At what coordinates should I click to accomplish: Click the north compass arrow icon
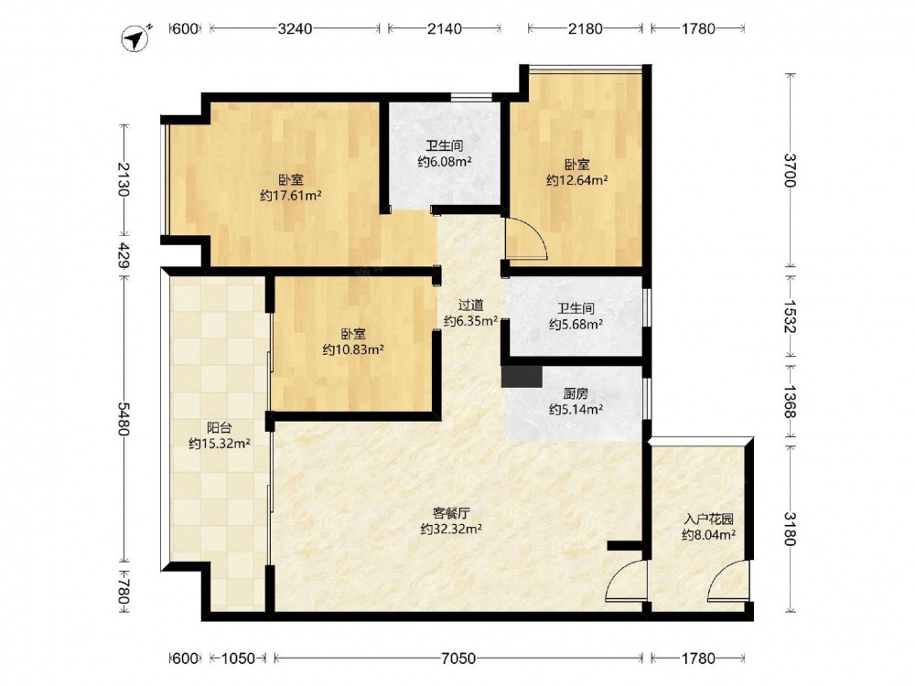[136, 38]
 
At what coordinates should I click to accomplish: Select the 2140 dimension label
[445, 28]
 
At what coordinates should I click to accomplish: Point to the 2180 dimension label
[586, 28]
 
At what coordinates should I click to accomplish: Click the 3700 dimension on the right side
[791, 170]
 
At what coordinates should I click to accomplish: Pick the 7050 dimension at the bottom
[458, 659]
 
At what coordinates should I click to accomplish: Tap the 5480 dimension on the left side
[124, 418]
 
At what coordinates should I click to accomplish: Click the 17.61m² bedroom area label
[291, 196]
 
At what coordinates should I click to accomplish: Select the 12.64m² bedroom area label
[576, 180]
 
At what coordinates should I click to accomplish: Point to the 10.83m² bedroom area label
[353, 349]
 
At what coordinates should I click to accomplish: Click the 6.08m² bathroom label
[445, 162]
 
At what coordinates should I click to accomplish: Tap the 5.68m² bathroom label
[576, 325]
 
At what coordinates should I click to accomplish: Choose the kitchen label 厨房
[576, 393]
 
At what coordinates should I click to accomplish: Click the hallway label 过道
[470, 305]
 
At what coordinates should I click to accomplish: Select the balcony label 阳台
[220, 427]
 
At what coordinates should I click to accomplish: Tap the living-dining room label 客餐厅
[451, 513]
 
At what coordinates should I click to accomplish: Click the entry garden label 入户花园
[708, 519]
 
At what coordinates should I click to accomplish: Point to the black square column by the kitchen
[522, 376]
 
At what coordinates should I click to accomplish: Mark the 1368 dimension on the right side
[791, 401]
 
